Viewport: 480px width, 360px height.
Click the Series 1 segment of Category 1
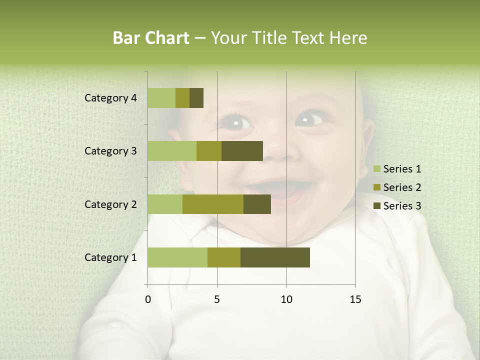(177, 257)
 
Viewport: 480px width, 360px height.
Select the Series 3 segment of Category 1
(275, 257)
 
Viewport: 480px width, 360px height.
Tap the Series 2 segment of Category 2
(213, 204)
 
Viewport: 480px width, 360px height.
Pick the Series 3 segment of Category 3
(242, 151)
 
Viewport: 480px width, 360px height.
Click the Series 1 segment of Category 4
(161, 98)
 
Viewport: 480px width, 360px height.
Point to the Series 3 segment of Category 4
(196, 98)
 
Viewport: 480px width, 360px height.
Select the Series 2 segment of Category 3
(209, 151)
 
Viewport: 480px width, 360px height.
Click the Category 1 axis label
(110, 257)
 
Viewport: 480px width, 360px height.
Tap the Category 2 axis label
(110, 204)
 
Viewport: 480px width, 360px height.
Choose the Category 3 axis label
(110, 151)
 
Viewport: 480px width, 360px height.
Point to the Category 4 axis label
(110, 98)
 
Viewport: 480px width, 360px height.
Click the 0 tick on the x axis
(148, 299)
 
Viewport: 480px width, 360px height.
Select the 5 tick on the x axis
(217, 299)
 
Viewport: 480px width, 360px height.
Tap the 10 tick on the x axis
(286, 299)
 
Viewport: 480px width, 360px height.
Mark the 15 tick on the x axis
(355, 299)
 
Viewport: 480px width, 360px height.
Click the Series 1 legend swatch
(376, 169)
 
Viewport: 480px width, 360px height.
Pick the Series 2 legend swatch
(376, 187)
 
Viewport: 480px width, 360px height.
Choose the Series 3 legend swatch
(376, 206)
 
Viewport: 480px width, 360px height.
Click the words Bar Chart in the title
(150, 38)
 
